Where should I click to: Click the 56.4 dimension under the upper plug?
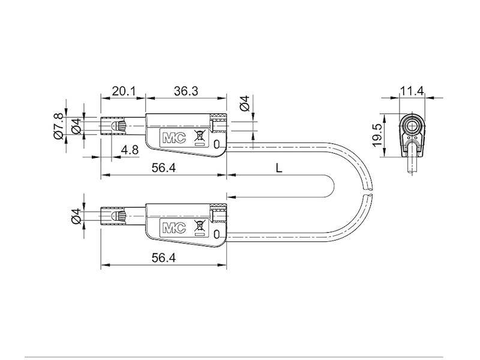[x=163, y=169]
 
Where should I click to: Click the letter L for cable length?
[x=278, y=169]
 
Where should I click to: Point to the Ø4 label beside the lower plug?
[x=76, y=216]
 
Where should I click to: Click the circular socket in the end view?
[x=413, y=125]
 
